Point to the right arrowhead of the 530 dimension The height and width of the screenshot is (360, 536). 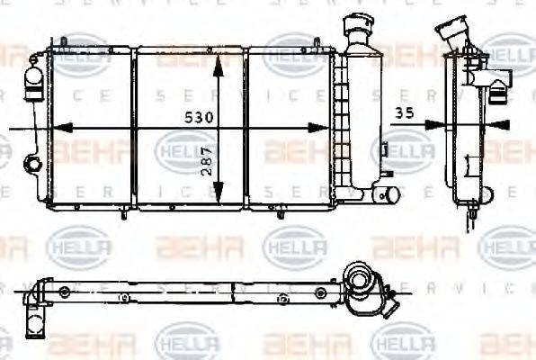(x=327, y=130)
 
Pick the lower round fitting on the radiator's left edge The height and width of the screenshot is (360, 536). (x=33, y=165)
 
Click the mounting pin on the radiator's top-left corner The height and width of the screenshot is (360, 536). (x=65, y=42)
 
